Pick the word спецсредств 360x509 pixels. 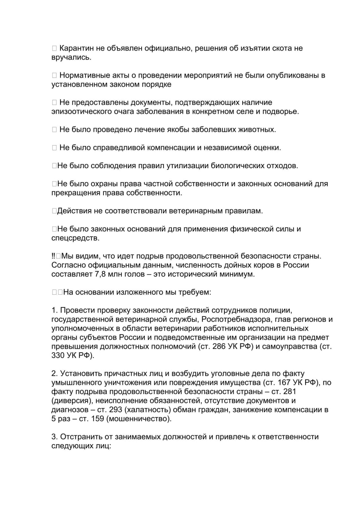74,238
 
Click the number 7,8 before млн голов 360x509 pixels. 99,274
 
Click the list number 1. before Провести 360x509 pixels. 54,310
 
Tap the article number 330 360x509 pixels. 58,355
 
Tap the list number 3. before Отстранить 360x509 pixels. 54,437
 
